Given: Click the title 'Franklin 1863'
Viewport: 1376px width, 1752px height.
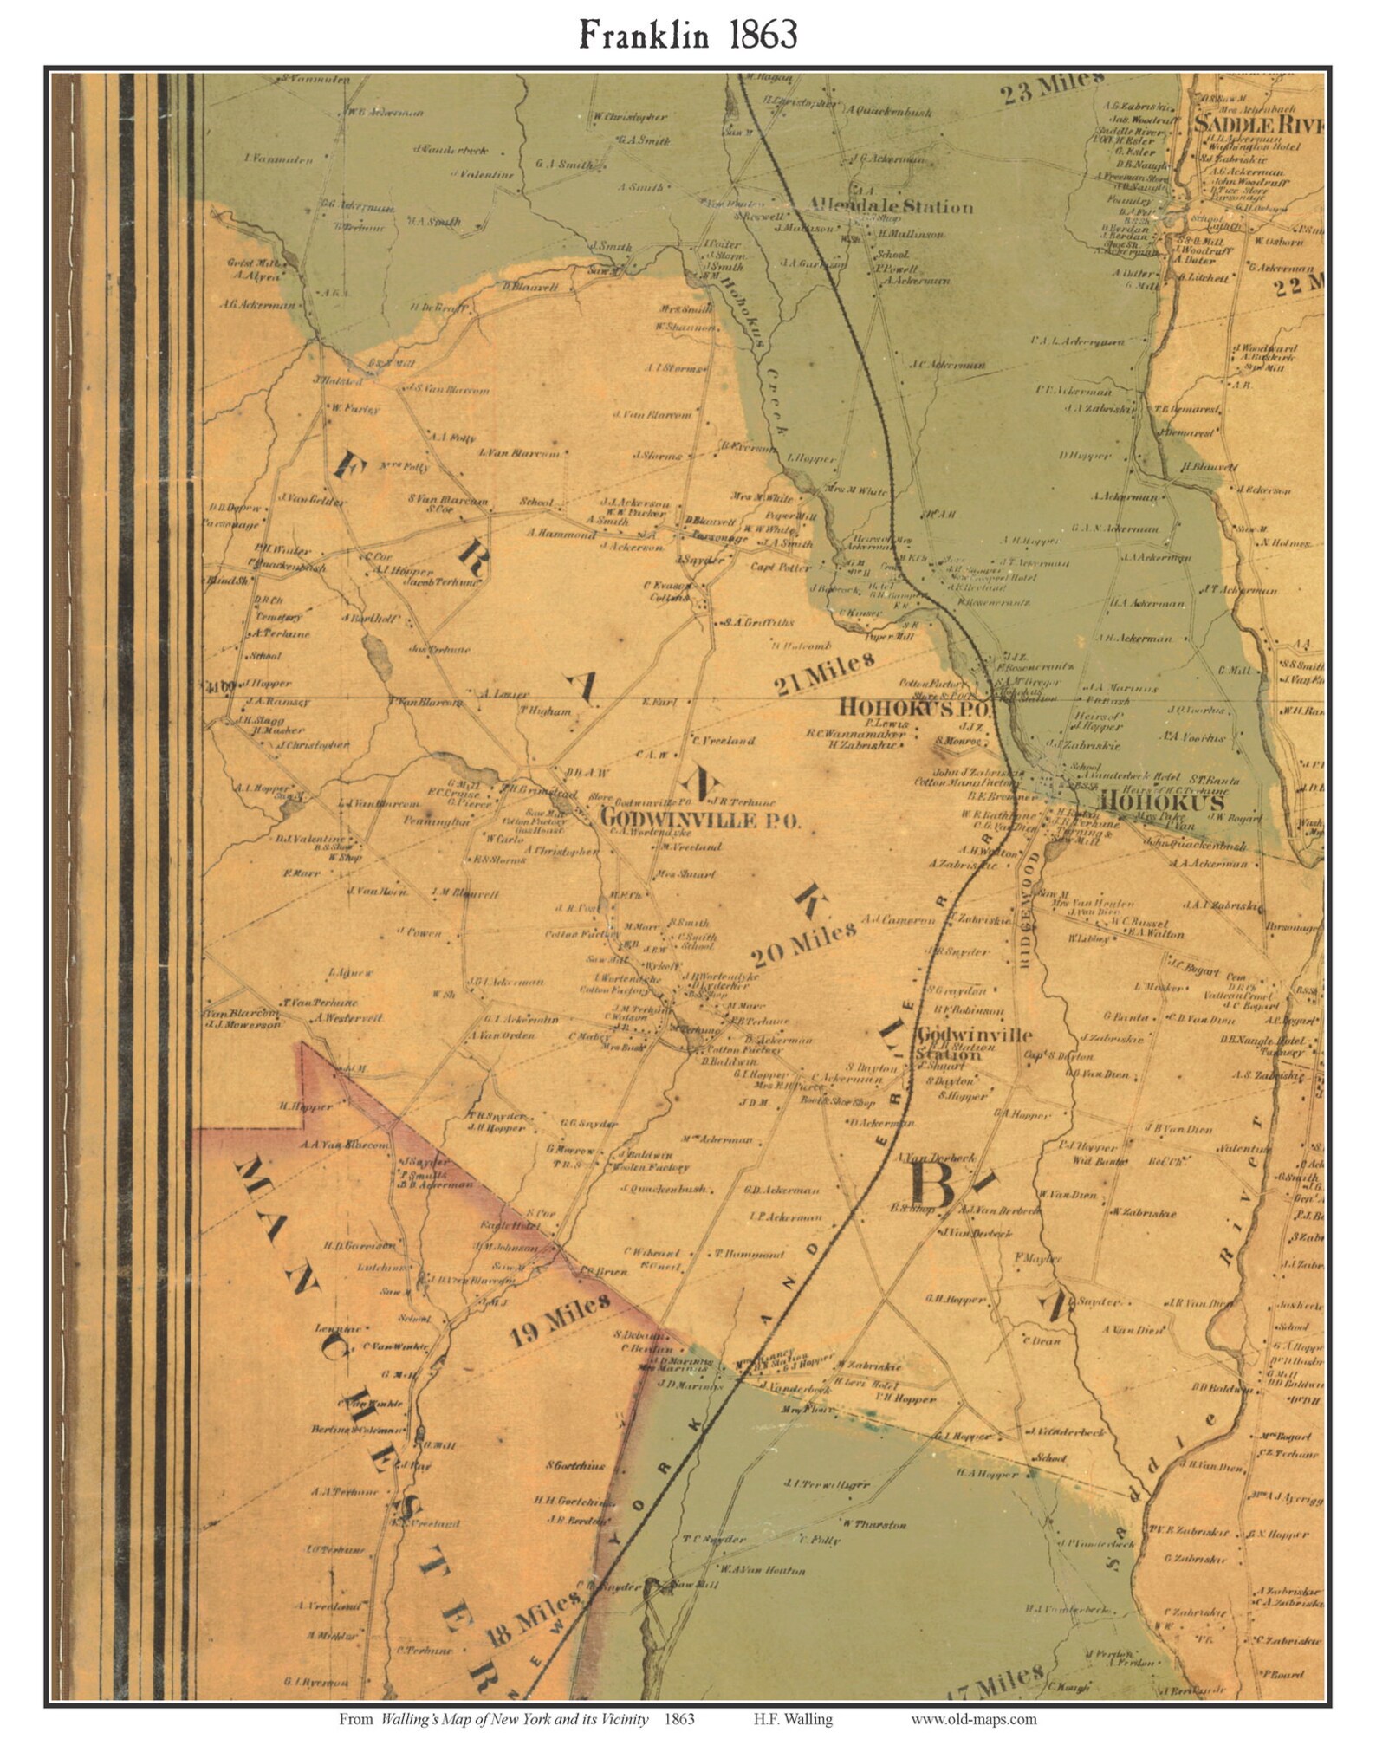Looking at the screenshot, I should (687, 36).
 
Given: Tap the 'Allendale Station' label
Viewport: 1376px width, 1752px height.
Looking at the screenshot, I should (891, 207).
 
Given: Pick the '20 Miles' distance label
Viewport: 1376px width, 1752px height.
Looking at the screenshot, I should (803, 944).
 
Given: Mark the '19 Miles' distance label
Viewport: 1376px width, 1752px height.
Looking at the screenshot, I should (558, 1320).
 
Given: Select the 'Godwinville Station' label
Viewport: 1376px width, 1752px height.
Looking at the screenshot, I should (974, 1043).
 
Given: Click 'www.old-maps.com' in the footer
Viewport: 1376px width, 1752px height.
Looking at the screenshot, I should (973, 1719).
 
